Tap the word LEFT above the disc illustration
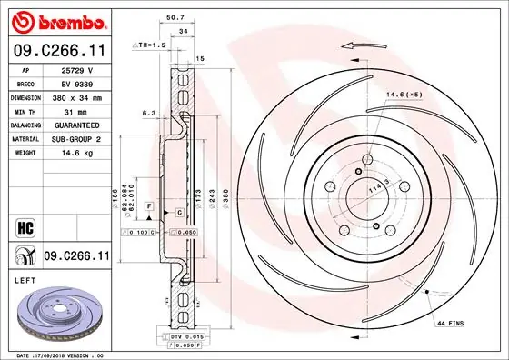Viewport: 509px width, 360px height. click(25, 281)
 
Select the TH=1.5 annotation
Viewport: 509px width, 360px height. click(150, 44)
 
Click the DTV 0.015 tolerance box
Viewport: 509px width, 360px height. click(186, 336)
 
